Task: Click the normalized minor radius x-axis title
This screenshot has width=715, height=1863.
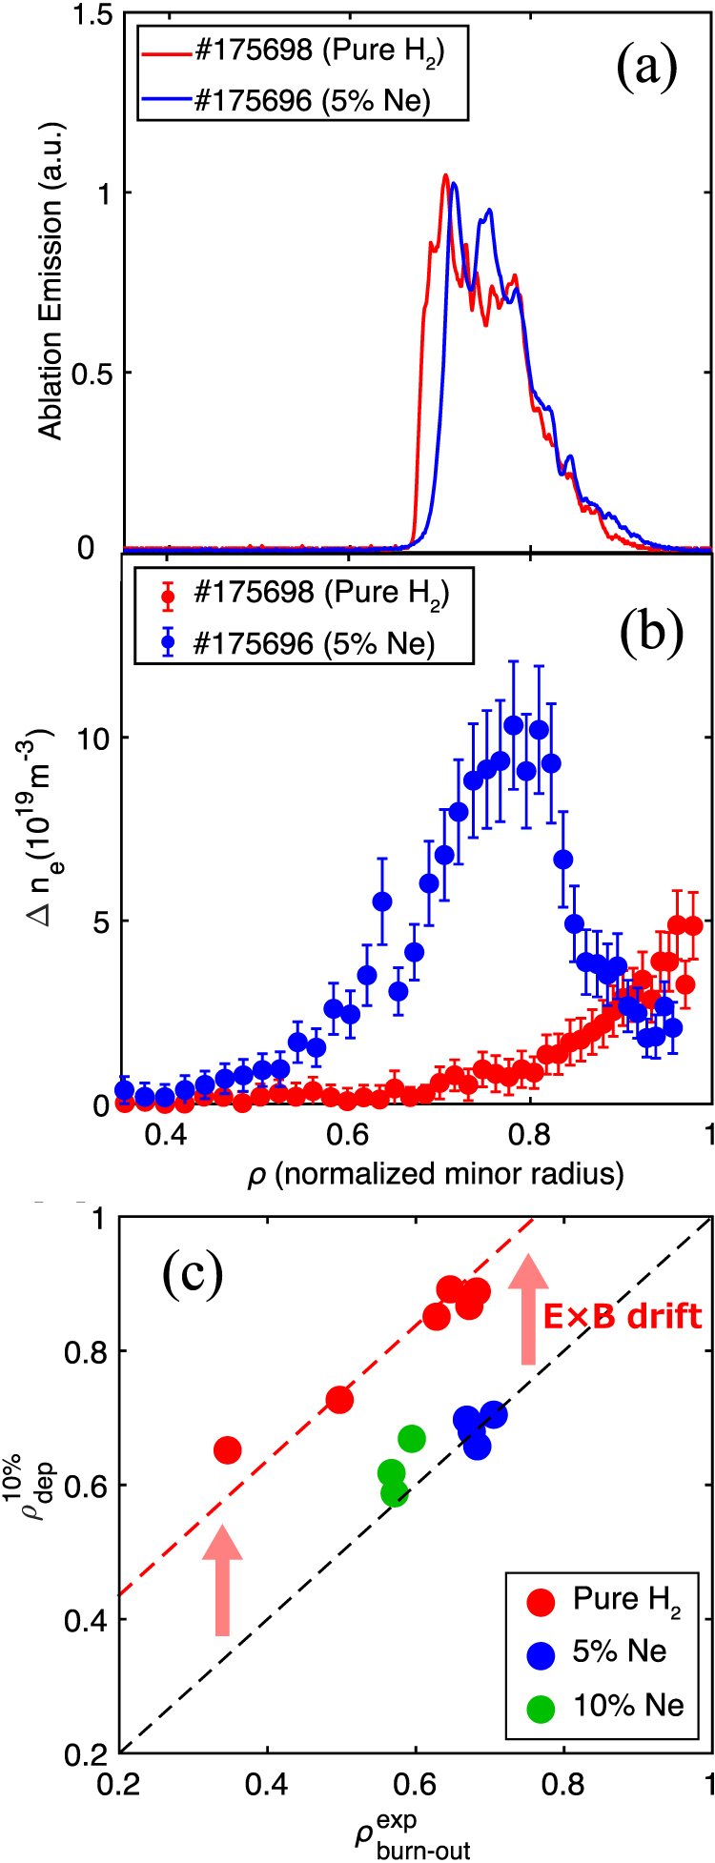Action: coord(436,1175)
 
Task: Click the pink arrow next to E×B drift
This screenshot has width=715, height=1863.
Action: coord(526,1307)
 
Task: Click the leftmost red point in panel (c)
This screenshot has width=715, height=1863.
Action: coord(227,1450)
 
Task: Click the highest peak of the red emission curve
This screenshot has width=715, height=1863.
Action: coord(445,176)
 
